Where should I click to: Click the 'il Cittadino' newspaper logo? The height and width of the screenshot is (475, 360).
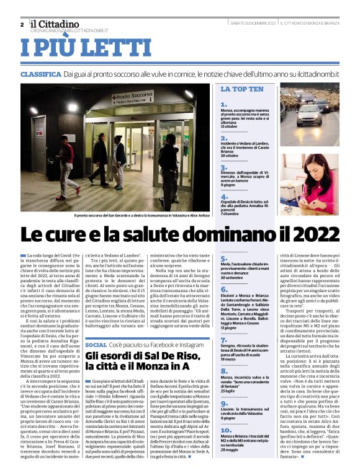coord(55,23)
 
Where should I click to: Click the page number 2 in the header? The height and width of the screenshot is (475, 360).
coord(22,24)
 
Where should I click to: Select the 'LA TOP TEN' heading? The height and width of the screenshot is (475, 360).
coord(242,89)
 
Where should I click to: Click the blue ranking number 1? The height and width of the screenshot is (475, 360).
coord(224,105)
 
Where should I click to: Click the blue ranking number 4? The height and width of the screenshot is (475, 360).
coord(224,197)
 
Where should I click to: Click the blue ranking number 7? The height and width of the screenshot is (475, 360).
coord(224,340)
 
